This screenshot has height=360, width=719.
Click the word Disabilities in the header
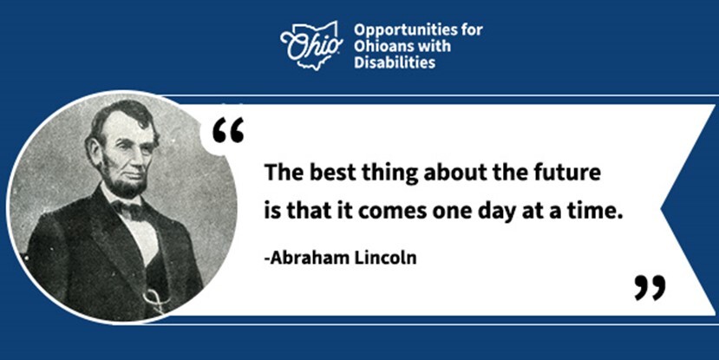pos(395,63)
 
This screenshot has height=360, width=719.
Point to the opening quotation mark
pos(228,130)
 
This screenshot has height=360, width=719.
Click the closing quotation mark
pos(649,287)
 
